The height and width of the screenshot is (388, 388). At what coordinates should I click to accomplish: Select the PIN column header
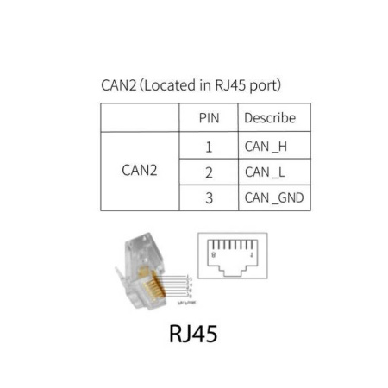tap(209, 118)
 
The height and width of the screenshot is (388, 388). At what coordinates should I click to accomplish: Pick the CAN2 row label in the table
tap(140, 171)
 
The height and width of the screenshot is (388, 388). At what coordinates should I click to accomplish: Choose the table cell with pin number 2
tap(209, 172)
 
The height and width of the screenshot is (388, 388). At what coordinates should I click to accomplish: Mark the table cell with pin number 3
tap(209, 197)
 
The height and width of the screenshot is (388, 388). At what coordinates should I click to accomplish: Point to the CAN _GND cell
tap(273, 197)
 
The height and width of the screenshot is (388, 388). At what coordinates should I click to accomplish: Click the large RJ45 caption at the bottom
tap(193, 332)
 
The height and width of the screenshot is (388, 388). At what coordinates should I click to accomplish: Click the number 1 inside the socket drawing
tap(250, 256)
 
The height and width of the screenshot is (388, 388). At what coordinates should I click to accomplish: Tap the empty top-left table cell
tap(140, 118)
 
